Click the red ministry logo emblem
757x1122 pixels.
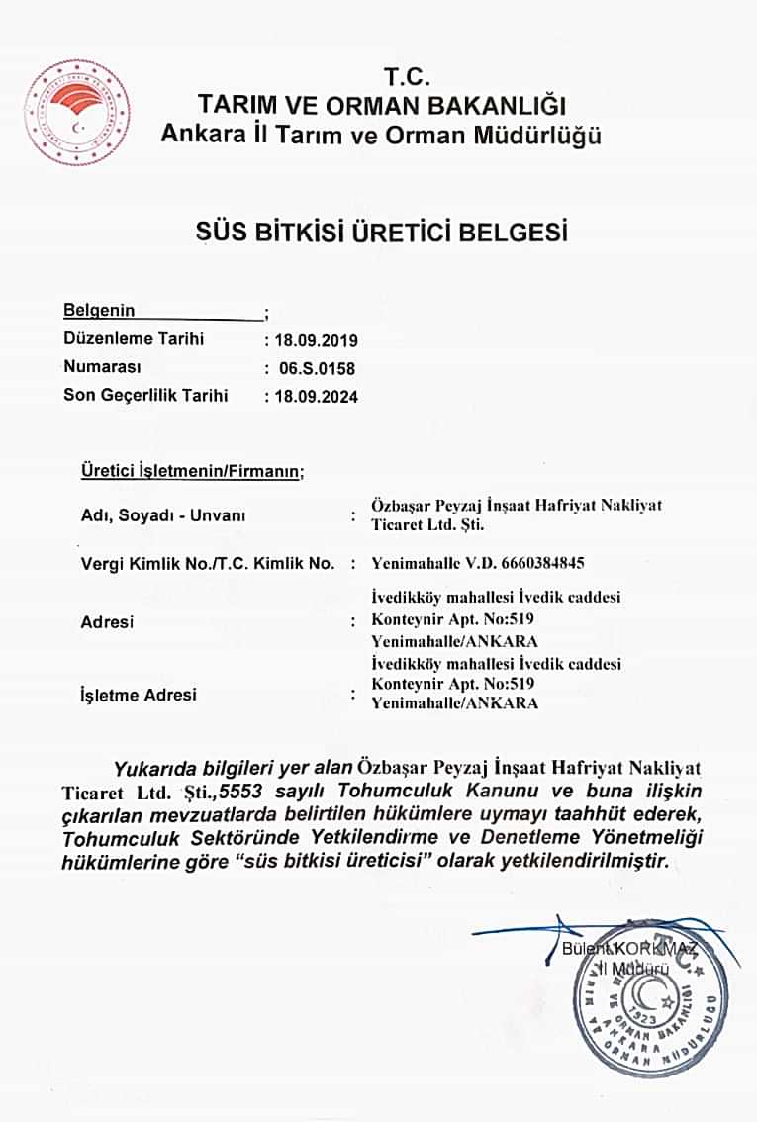click(x=76, y=112)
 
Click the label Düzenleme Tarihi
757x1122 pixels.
click(x=134, y=339)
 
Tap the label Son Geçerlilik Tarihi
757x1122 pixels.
click(x=145, y=396)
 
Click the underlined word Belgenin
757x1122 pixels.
click(x=99, y=311)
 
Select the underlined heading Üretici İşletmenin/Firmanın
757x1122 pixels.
click(x=192, y=472)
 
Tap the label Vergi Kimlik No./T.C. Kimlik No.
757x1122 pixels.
click(x=206, y=564)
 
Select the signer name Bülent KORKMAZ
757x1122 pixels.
click(x=629, y=949)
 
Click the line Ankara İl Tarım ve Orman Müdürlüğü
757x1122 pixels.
click(x=381, y=135)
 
